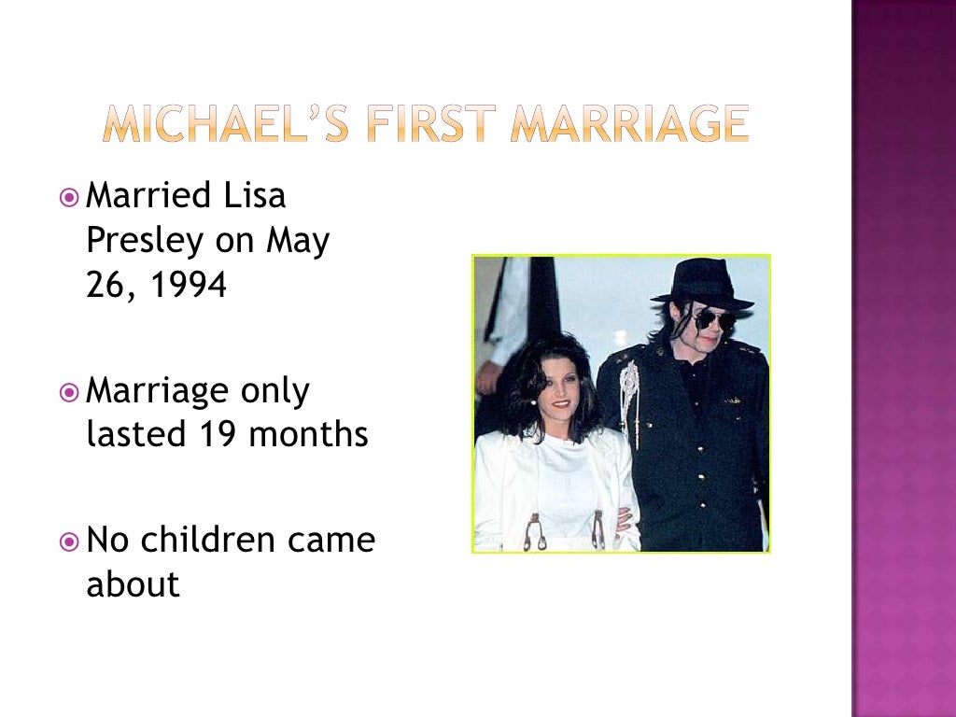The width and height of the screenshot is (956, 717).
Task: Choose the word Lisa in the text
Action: coord(254,196)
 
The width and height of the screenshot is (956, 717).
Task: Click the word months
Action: coord(312,435)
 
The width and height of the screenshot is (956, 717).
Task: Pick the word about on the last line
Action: coord(133,584)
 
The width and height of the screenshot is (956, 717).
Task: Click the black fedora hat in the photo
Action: coord(703,283)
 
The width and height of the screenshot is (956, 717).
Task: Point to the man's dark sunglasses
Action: coord(713,320)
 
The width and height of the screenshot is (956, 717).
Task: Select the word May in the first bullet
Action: coord(298,241)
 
